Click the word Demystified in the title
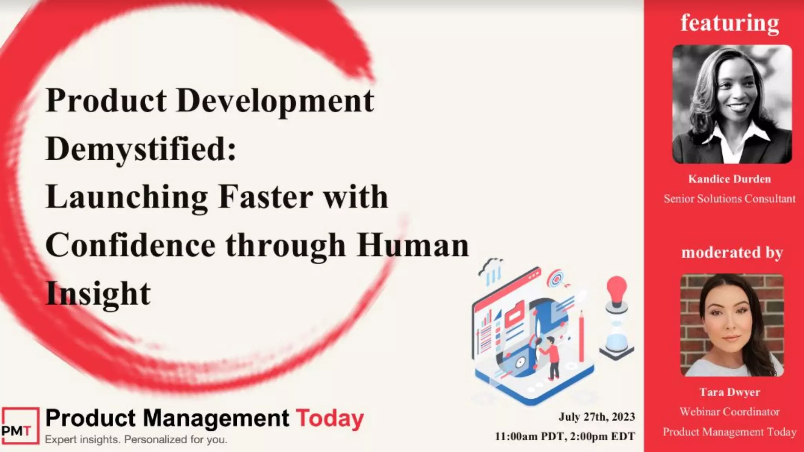click(x=141, y=149)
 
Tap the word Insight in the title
click(x=98, y=293)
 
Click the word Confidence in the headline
click(x=130, y=245)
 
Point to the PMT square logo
click(x=20, y=426)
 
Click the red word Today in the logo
click(x=330, y=418)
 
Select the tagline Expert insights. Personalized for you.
click(x=136, y=439)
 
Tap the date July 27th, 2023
click(x=597, y=417)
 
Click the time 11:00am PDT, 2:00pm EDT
click(x=565, y=436)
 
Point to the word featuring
click(x=730, y=23)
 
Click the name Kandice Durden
click(x=729, y=179)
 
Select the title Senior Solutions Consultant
click(x=729, y=199)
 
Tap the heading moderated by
click(x=732, y=252)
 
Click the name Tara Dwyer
click(x=729, y=392)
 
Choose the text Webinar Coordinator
click(x=729, y=412)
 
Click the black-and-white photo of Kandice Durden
click(x=732, y=104)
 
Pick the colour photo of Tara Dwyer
click(x=732, y=325)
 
